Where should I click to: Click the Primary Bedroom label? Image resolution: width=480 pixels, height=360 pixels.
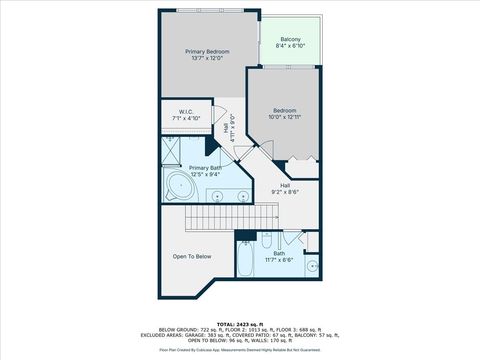[207, 50]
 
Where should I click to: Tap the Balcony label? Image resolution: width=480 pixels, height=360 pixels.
[291, 39]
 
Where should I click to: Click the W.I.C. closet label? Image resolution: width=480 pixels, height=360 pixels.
[185, 111]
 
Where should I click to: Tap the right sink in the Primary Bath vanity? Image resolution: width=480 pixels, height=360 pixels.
[242, 195]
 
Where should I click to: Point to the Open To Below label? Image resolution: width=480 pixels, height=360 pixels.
[192, 257]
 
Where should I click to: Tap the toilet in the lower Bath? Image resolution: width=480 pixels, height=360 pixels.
[266, 240]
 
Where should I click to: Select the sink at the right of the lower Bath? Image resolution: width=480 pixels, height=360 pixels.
[312, 266]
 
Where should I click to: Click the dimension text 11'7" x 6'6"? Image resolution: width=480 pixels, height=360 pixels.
[279, 260]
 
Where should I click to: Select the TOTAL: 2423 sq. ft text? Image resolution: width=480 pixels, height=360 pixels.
[239, 324]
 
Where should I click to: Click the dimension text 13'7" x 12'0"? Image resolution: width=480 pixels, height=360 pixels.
[207, 57]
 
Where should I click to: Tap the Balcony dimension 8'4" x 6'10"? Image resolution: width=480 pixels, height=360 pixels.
[291, 47]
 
